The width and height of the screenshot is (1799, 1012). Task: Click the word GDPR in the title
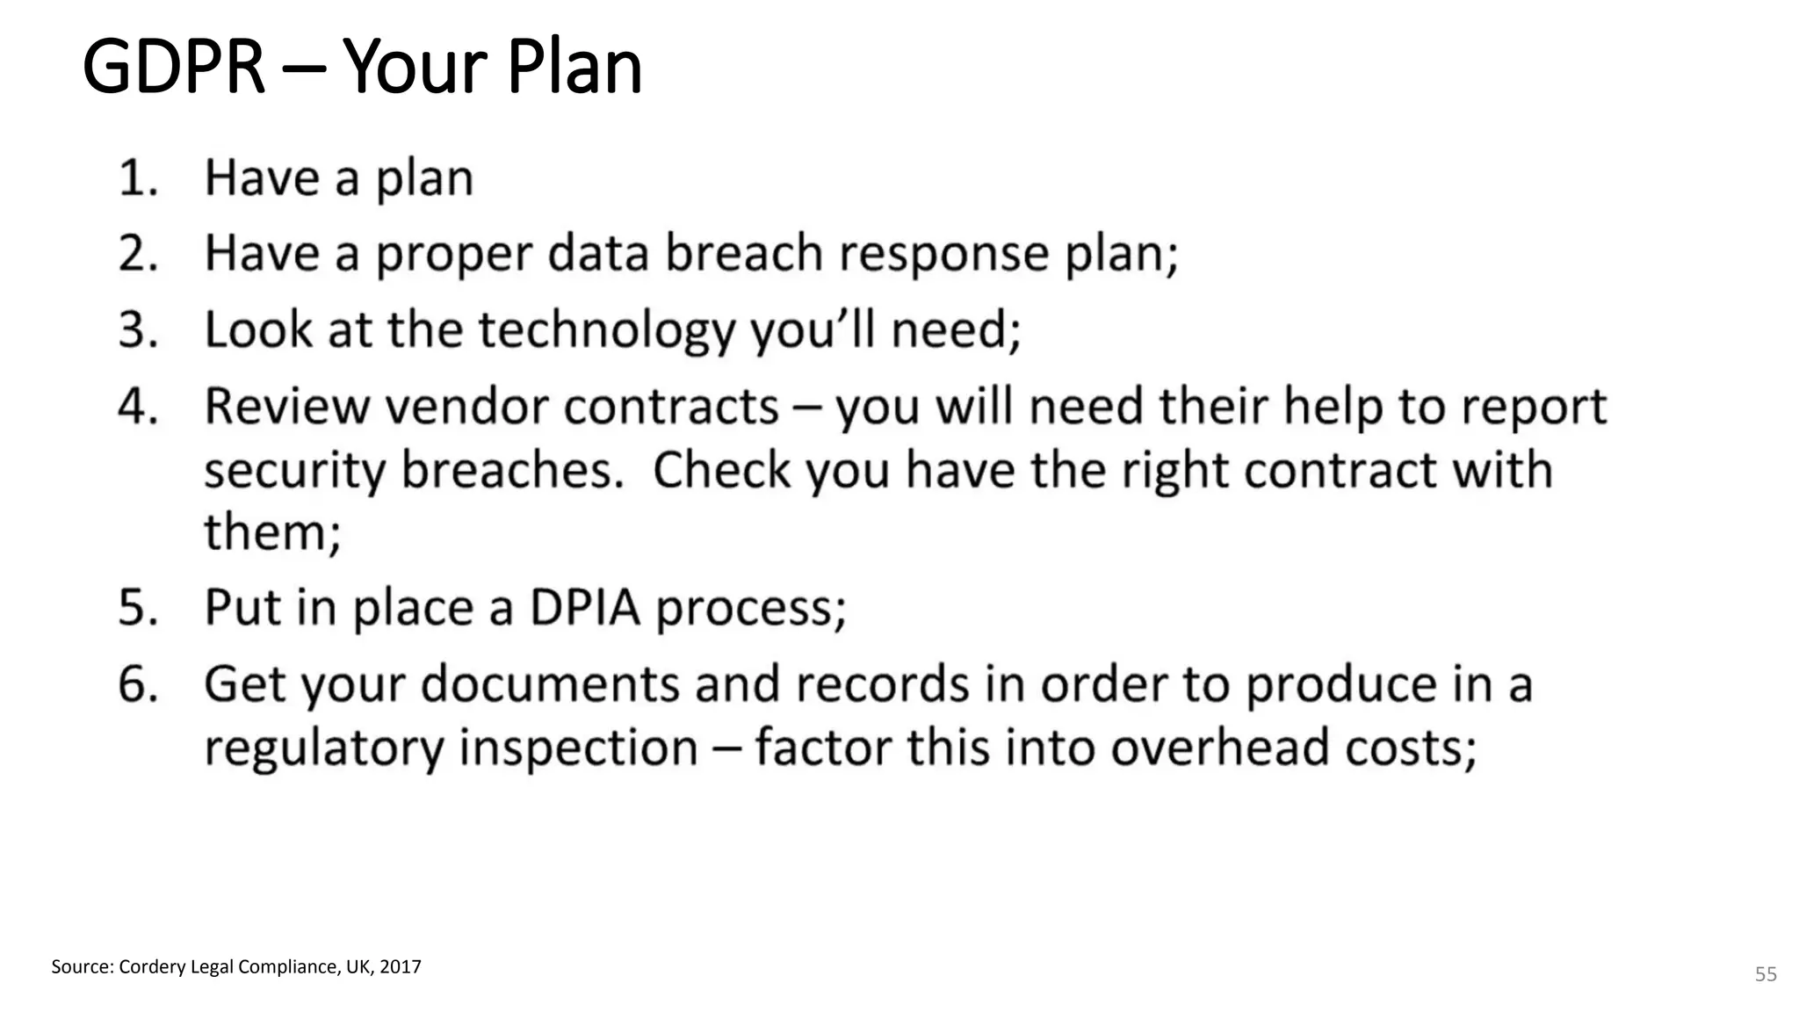click(173, 67)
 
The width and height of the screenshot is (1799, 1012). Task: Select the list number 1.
click(137, 178)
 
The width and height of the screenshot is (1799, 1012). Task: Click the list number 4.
click(139, 407)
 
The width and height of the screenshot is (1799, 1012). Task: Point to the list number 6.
click(139, 684)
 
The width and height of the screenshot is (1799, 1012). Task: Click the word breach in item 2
click(743, 253)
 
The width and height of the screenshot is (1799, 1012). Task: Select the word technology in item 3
click(606, 330)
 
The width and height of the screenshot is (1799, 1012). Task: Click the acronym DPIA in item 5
click(584, 607)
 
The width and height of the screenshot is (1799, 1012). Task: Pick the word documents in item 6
click(550, 684)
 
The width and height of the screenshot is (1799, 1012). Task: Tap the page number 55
click(1766, 974)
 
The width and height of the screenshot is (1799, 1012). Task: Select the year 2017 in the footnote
click(400, 967)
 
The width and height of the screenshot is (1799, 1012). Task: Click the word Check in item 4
click(721, 470)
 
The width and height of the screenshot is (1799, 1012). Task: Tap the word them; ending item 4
click(272, 532)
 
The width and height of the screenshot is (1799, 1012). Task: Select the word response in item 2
click(943, 255)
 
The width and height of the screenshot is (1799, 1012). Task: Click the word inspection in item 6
click(579, 748)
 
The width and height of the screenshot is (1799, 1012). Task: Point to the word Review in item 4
click(286, 407)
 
